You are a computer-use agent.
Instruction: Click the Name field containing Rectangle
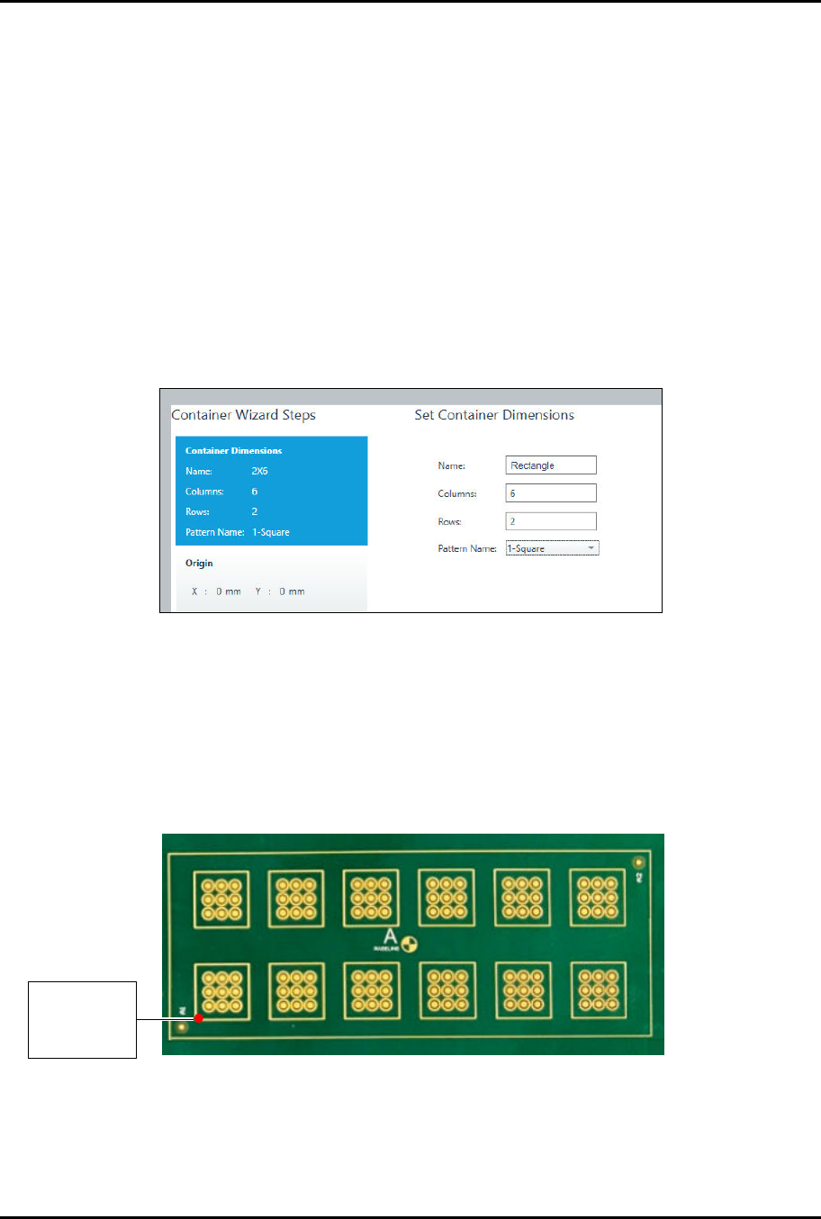[550, 465]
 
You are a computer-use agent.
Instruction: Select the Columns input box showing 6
[550, 493]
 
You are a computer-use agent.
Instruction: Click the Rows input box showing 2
[550, 521]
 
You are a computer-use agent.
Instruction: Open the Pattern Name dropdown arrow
[591, 548]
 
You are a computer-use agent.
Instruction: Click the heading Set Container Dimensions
[493, 415]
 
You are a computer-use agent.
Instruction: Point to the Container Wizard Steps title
[243, 415]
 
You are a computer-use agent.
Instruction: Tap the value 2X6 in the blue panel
[259, 471]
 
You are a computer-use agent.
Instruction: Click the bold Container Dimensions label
[233, 450]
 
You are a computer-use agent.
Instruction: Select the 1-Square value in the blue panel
[270, 532]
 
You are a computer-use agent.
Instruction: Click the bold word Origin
[199, 564]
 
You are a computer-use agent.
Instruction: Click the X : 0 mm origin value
[216, 591]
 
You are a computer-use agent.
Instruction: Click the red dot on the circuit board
[199, 1018]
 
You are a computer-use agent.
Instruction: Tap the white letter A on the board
[390, 936]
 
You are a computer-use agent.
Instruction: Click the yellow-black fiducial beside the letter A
[409, 944]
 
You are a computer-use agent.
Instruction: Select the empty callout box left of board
[82, 1019]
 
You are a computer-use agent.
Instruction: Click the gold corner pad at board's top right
[639, 862]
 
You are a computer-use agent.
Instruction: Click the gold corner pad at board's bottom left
[184, 1025]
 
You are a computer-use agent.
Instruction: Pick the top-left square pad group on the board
[221, 898]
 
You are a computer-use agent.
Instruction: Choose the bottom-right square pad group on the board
[598, 990]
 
